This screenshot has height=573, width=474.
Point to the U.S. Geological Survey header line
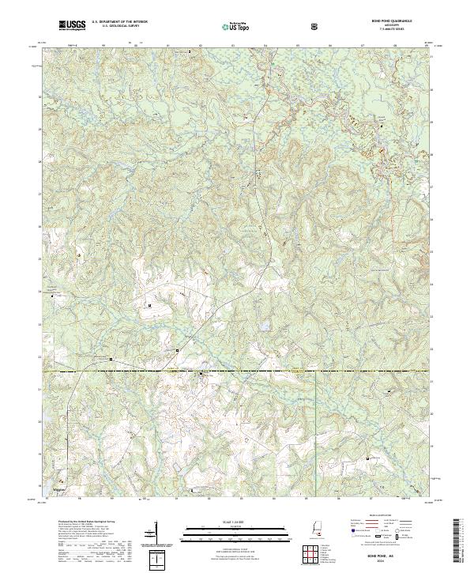click(118, 28)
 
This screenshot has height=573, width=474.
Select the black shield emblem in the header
click(314, 27)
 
